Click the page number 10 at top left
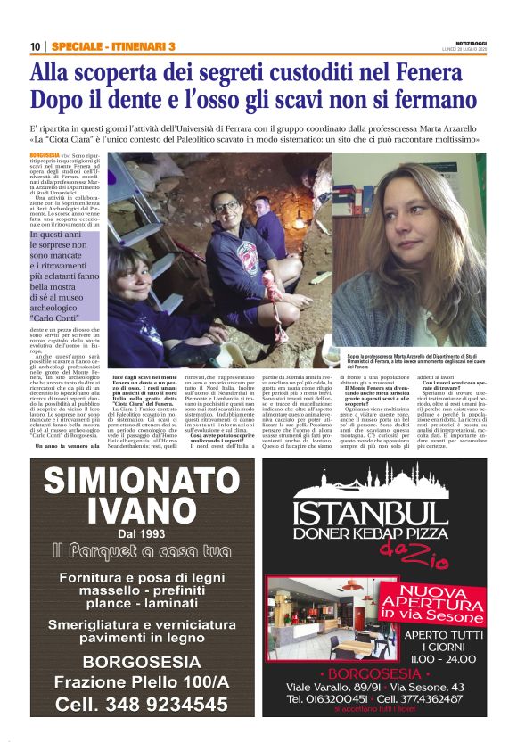click(36, 46)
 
